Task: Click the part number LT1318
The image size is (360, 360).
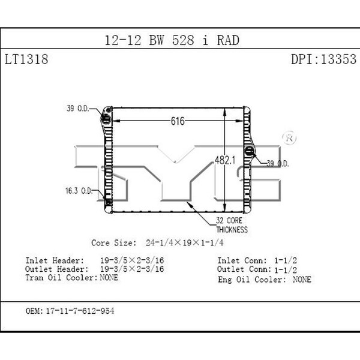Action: [x=26, y=59]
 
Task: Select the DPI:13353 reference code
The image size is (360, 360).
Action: [x=324, y=59]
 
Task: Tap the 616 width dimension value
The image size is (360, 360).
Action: [x=178, y=121]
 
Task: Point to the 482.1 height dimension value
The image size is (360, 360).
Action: [x=225, y=160]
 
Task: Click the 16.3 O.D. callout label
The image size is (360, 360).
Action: [x=79, y=191]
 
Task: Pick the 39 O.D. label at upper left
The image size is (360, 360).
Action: [x=78, y=108]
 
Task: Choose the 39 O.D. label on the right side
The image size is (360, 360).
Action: [x=278, y=163]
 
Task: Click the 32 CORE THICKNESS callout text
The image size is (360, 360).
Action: [x=232, y=225]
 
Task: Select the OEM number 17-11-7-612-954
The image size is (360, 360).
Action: [x=80, y=311]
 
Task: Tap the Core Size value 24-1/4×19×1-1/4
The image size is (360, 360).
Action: [x=185, y=242]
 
